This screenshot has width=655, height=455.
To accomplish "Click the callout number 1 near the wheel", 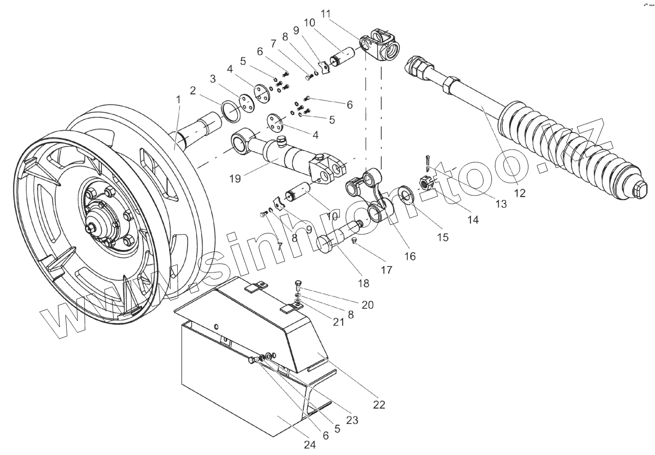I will click(178, 100).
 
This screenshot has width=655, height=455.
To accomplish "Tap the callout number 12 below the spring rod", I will click(520, 193).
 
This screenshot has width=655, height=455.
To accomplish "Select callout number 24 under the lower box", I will click(310, 444).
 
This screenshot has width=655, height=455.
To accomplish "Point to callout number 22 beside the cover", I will click(379, 404).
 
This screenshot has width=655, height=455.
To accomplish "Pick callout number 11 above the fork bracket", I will click(326, 13).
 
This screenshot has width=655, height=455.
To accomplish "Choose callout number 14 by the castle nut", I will click(472, 219).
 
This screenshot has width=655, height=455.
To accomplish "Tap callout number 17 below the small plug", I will click(386, 269).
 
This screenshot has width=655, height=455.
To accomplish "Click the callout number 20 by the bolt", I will click(367, 304).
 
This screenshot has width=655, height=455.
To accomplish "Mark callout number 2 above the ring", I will click(192, 90).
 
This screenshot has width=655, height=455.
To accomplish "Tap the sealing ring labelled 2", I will click(231, 111).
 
